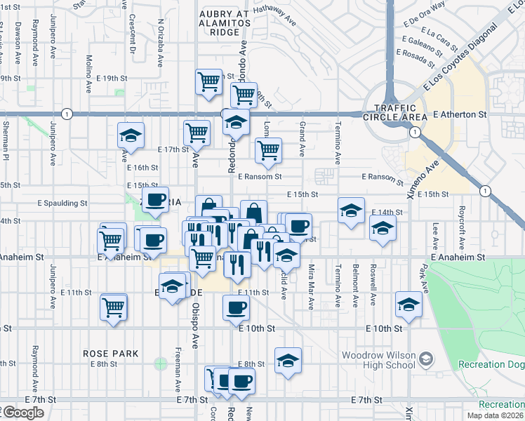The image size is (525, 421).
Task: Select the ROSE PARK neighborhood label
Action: [110, 354]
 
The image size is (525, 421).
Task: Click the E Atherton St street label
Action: [460, 114]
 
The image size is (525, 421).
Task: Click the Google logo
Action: [22, 413]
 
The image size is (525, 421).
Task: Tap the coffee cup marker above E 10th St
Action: [236, 306]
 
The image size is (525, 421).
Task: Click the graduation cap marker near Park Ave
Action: [408, 302]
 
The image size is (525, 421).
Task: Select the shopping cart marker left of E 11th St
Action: [114, 305]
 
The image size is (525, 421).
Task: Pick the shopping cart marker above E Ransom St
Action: [268, 149]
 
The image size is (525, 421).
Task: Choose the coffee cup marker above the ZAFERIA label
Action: [156, 199]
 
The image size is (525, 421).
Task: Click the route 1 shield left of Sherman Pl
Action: [66, 114]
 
